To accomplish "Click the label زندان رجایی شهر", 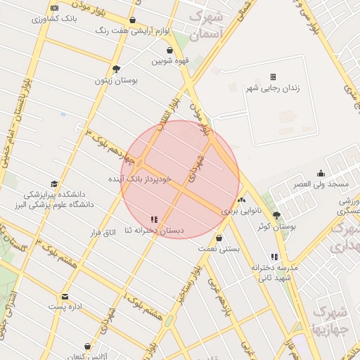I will (270, 89).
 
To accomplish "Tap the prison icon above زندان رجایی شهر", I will (273, 77).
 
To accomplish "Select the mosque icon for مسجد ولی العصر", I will (321, 174).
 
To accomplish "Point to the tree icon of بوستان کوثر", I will (276, 216).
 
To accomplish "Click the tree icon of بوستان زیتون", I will (116, 69).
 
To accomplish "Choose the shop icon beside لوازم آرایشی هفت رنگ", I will (133, 20).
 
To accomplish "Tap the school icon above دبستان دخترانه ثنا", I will (154, 219).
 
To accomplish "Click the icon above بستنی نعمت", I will (219, 238).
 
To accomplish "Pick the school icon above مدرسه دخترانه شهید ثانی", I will (274, 257).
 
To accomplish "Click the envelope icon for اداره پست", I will (65, 296).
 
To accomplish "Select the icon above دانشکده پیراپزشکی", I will (55, 184).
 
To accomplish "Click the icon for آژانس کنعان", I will (87, 347).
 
